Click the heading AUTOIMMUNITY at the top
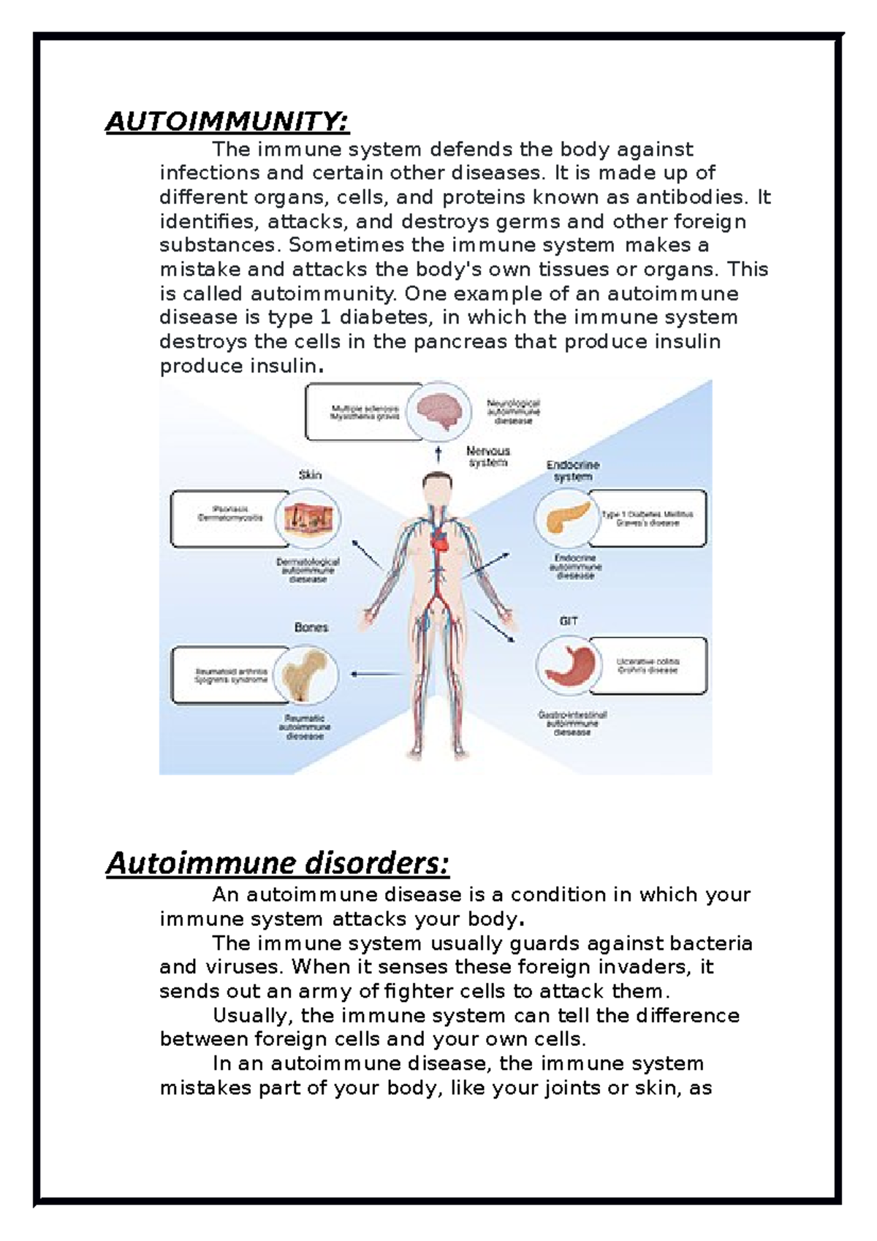click(227, 121)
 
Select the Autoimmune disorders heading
click(277, 863)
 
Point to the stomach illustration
click(565, 664)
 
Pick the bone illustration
click(308, 673)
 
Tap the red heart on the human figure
click(440, 542)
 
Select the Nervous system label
click(488, 457)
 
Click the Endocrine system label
click(573, 471)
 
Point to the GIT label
click(569, 620)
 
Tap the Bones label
click(311, 627)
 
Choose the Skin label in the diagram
click(310, 475)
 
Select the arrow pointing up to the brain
click(438, 454)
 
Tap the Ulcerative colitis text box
click(648, 665)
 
